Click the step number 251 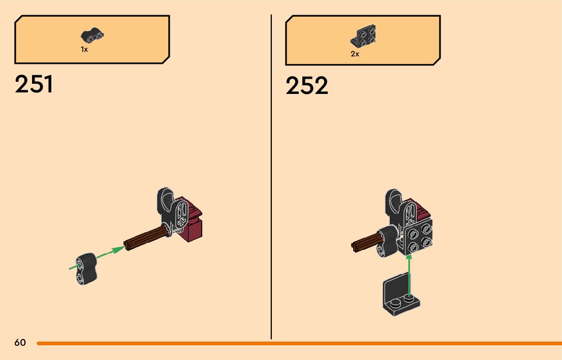point(34,84)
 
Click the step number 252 point(306,86)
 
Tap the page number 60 point(20,343)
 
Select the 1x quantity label point(84,49)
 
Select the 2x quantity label point(355,54)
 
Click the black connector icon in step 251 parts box point(92,36)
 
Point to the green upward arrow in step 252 point(408,274)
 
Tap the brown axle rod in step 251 point(147,238)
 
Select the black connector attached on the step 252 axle point(388,241)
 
